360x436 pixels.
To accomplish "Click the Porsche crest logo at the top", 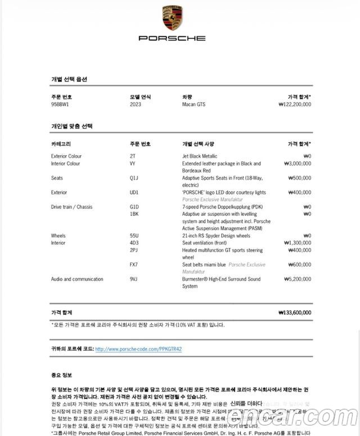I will [x=172, y=19].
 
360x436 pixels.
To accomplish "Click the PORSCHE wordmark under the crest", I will [x=172, y=38].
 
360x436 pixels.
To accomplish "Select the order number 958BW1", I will [x=60, y=105].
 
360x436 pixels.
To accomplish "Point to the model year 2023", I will [x=136, y=105].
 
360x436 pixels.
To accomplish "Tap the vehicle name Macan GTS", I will [x=193, y=105].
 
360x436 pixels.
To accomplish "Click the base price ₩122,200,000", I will [x=295, y=105].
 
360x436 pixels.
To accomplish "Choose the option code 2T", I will [x=133, y=156].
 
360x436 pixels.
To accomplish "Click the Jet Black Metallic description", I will [x=200, y=156].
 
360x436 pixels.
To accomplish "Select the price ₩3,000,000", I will [x=298, y=163].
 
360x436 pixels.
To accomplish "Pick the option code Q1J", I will [x=134, y=178].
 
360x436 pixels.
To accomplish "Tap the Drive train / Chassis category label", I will [x=71, y=207].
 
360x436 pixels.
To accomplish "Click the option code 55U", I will [x=134, y=235].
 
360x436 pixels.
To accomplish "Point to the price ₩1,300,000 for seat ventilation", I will [x=298, y=243].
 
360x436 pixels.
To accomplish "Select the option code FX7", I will [x=133, y=265].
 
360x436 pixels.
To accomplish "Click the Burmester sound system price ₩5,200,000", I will [x=298, y=279].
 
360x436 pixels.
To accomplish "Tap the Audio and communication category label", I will [x=77, y=279].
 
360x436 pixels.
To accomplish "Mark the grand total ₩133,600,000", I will [x=294, y=312].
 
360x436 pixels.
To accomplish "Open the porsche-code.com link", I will [x=138, y=349].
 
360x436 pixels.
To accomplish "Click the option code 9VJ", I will [x=133, y=279].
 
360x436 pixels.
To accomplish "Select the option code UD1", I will [x=134, y=192].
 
